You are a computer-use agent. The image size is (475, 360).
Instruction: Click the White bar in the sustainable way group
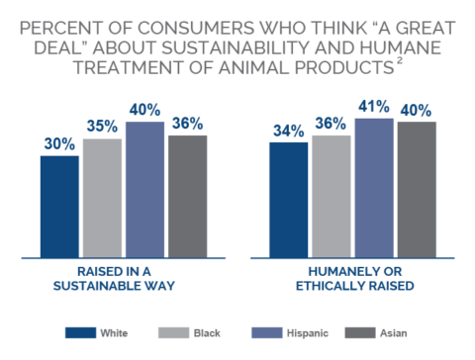(x=60, y=207)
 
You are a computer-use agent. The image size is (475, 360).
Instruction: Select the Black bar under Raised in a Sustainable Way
(x=102, y=199)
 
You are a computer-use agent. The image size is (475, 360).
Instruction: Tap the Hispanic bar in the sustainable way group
(x=144, y=191)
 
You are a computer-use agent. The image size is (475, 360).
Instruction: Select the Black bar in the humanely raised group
(x=332, y=197)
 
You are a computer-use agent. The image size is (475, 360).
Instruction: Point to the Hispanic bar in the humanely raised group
(x=373, y=189)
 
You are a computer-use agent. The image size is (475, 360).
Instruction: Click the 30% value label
(x=60, y=142)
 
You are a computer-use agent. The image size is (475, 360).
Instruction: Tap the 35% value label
(x=102, y=127)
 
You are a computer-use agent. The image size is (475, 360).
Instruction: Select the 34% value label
(x=289, y=131)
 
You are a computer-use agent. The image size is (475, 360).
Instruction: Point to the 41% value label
(x=373, y=106)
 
